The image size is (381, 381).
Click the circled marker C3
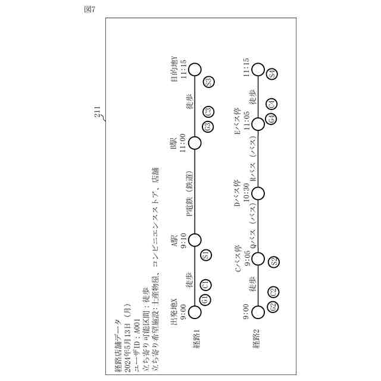click(208, 111)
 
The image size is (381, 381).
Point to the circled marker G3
click(208, 126)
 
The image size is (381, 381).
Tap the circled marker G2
click(273, 307)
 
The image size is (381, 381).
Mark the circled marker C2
click(273, 292)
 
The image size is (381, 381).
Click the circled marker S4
click(272, 74)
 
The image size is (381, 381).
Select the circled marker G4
click(271, 119)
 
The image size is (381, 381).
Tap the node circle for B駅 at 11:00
click(195, 143)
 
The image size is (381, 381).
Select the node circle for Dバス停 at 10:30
click(258, 193)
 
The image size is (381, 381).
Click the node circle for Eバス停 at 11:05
click(258, 124)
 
